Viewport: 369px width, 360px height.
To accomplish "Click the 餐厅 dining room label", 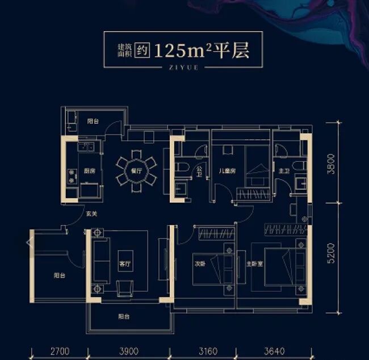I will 136,170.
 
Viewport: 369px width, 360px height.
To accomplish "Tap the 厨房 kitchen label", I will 89,170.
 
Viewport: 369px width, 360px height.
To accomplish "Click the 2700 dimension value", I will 60,351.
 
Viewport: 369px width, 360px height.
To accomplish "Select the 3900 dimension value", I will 129,351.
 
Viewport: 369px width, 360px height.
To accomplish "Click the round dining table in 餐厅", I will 136,168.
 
